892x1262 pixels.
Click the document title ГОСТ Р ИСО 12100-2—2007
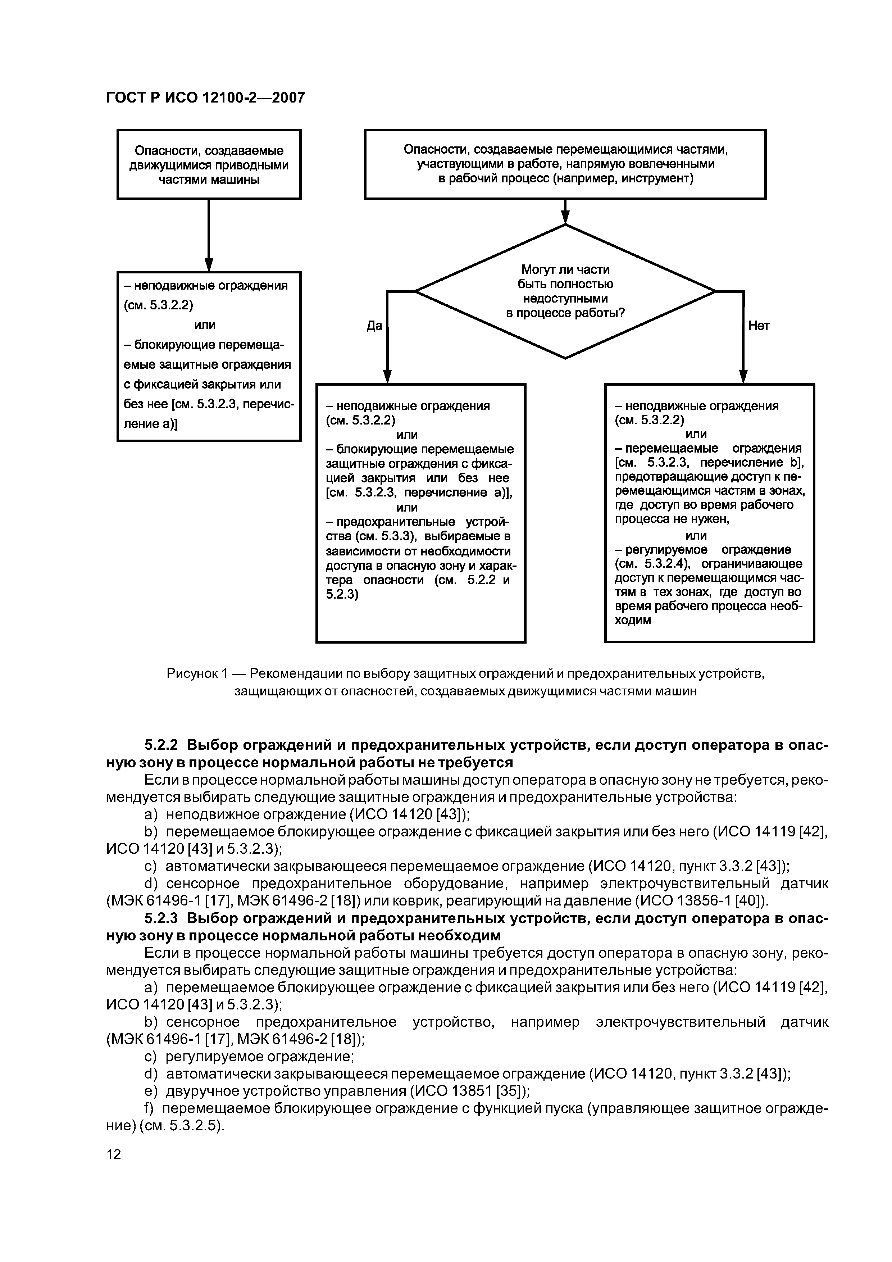(205, 98)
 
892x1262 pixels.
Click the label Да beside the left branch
(374, 326)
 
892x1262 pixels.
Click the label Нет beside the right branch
(759, 326)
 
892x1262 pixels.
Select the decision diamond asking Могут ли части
(565, 291)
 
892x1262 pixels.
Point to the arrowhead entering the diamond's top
(565, 218)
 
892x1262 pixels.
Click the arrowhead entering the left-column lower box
(209, 265)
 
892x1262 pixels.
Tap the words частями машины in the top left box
(209, 180)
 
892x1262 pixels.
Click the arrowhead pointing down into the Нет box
(743, 377)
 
